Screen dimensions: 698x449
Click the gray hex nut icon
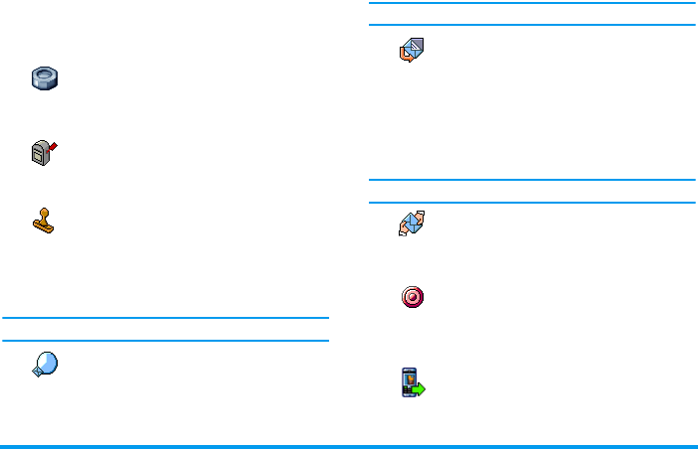point(46,78)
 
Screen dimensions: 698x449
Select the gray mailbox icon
point(43,153)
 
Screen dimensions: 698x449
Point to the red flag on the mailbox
point(54,146)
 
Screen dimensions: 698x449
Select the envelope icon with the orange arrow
point(412,52)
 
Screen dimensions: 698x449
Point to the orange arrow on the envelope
point(405,59)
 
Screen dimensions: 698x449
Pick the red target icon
point(412,297)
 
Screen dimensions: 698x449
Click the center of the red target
point(412,297)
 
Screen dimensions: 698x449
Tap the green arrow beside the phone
point(419,389)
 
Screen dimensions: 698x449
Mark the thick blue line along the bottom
point(349,446)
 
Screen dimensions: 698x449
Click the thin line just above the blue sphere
point(165,341)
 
